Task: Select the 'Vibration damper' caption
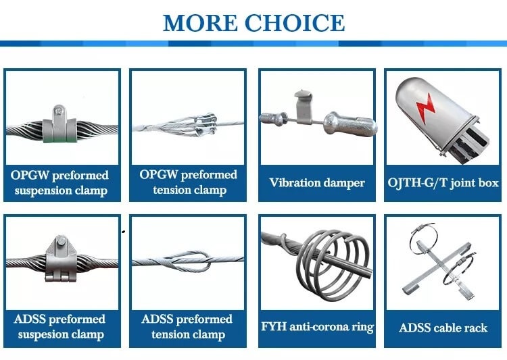point(316,183)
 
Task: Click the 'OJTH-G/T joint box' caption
point(443,183)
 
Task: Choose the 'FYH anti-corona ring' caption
point(316,327)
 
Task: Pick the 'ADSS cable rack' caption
point(443,328)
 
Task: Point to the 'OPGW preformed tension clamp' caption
point(188,182)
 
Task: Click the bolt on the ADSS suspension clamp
point(62,242)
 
